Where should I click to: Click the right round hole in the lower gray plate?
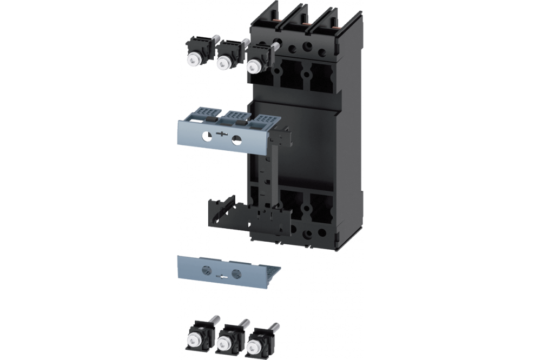tap(236, 274)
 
